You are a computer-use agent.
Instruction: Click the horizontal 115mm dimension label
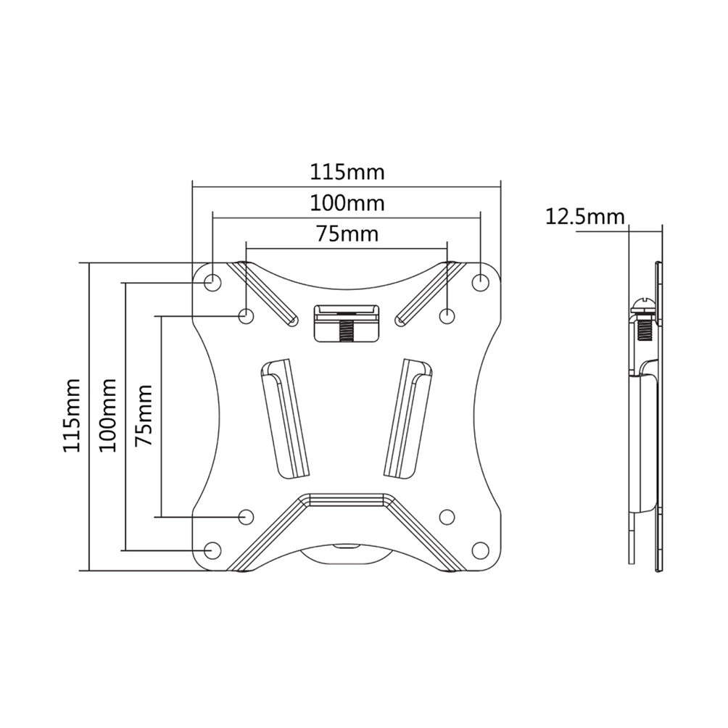click(x=347, y=173)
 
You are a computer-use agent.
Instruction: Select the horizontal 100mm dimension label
click(x=347, y=203)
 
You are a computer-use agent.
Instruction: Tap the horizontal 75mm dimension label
click(x=347, y=234)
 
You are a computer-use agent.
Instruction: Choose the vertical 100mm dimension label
click(x=108, y=415)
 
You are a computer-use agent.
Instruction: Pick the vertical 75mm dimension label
click(x=144, y=415)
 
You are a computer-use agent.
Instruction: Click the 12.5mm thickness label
click(x=584, y=217)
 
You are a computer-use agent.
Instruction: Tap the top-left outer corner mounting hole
click(x=212, y=281)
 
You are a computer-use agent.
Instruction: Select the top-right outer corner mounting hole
click(x=481, y=281)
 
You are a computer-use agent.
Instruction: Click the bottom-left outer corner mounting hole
click(x=212, y=550)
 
